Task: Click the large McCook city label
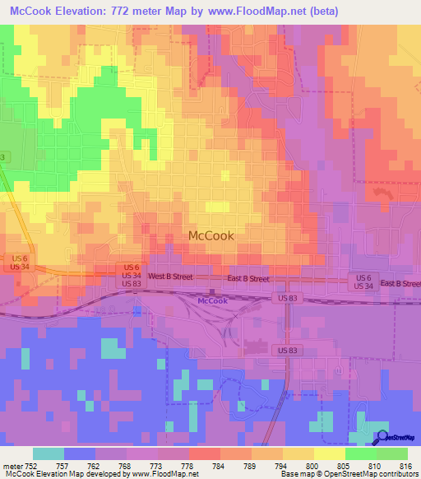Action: coord(211,235)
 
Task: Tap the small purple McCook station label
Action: coord(211,301)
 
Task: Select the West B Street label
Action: coord(171,278)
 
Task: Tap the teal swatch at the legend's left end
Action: coord(49,453)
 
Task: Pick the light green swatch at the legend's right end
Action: coord(391,453)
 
